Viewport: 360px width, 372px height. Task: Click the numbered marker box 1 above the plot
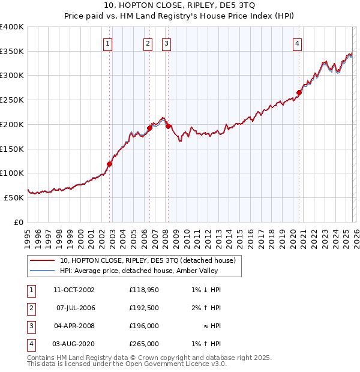pyautogui.click(x=107, y=43)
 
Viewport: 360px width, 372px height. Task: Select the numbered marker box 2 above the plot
pyautogui.click(x=148, y=43)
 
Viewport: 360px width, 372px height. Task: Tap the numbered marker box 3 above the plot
pyautogui.click(x=166, y=43)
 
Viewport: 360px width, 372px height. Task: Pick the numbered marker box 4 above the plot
pyautogui.click(x=298, y=43)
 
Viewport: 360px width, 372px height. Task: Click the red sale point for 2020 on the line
pyautogui.click(x=299, y=92)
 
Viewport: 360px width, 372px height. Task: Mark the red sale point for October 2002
pyautogui.click(x=110, y=164)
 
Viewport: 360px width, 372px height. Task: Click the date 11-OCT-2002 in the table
pyautogui.click(x=74, y=290)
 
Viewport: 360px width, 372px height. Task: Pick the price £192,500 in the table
pyautogui.click(x=143, y=308)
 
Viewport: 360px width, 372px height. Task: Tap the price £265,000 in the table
pyautogui.click(x=143, y=344)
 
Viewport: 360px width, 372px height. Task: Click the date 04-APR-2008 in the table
pyautogui.click(x=74, y=326)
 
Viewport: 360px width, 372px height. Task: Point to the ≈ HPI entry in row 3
pyautogui.click(x=211, y=326)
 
